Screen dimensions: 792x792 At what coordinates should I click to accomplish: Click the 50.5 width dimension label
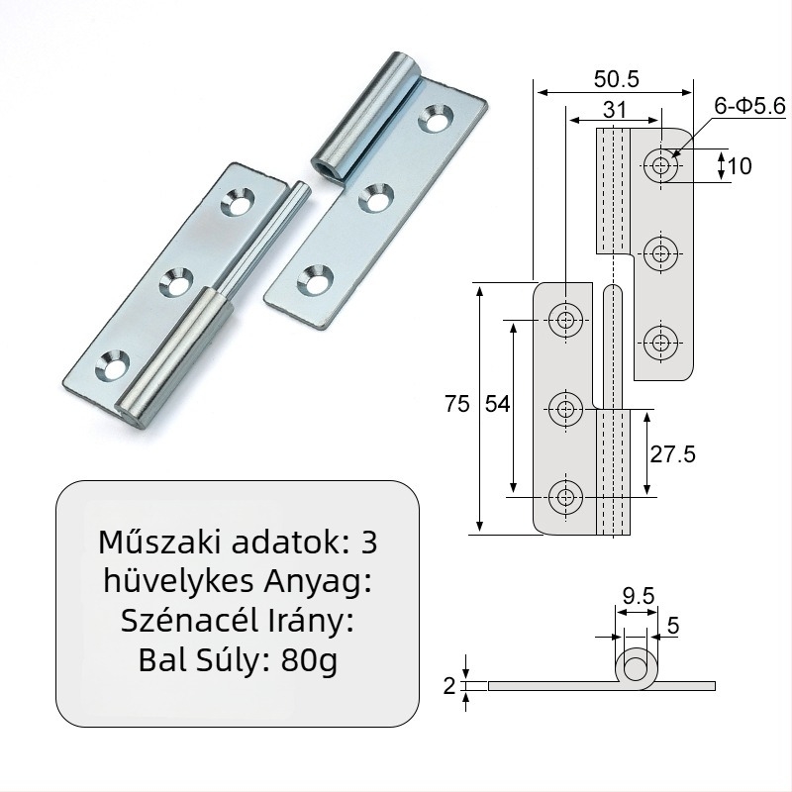point(618,76)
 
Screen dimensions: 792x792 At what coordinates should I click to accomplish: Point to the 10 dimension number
point(740,165)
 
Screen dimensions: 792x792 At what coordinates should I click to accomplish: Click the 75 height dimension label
point(456,403)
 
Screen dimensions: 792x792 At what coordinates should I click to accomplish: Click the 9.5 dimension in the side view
point(639,595)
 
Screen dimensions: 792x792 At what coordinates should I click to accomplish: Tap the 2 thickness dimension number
point(449,685)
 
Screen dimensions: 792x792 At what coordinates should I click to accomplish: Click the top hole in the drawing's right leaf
point(661,165)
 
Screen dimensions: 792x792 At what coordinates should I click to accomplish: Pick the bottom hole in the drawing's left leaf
point(565,496)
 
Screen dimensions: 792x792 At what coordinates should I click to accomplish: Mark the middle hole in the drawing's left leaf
point(565,407)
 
